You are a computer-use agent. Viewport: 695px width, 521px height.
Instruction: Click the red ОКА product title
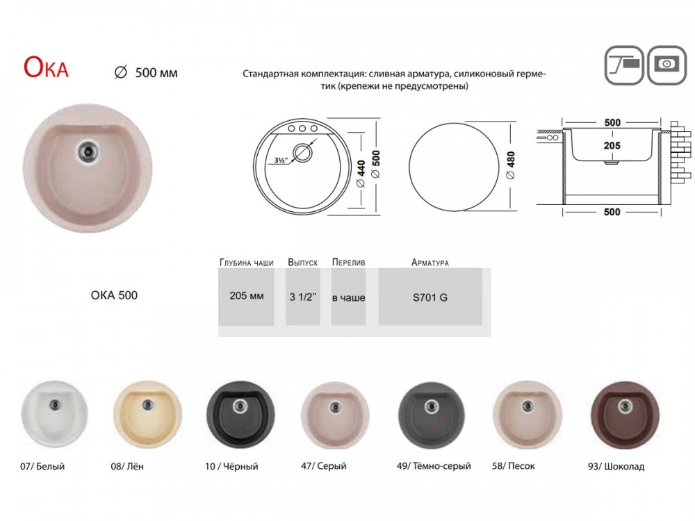[x=46, y=68]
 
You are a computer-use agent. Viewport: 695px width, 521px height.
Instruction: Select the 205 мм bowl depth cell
[x=247, y=296]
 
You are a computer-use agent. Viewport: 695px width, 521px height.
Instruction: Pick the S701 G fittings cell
[x=430, y=297]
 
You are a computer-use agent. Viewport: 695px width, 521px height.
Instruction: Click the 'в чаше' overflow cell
[x=348, y=297]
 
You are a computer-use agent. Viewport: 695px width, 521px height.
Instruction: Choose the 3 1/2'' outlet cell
[x=303, y=297]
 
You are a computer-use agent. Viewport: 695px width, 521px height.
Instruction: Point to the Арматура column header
[x=430, y=263]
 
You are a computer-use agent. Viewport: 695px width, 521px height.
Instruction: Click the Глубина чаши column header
[x=247, y=263]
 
